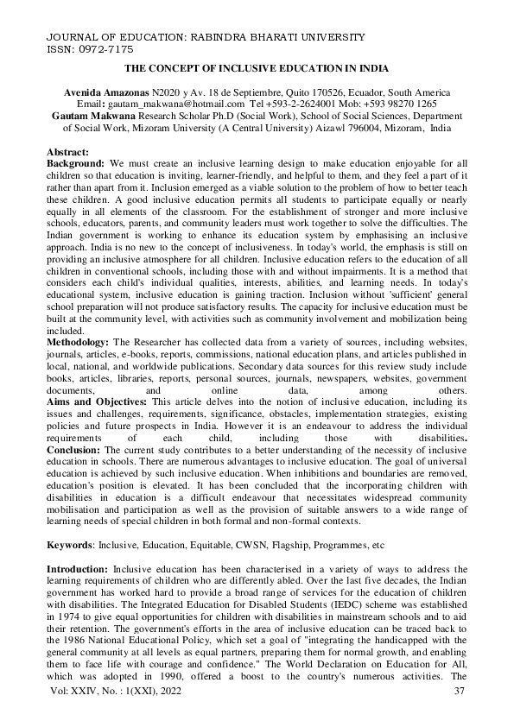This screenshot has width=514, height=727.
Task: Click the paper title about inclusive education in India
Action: point(257,67)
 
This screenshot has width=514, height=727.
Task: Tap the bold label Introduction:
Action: point(79,570)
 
